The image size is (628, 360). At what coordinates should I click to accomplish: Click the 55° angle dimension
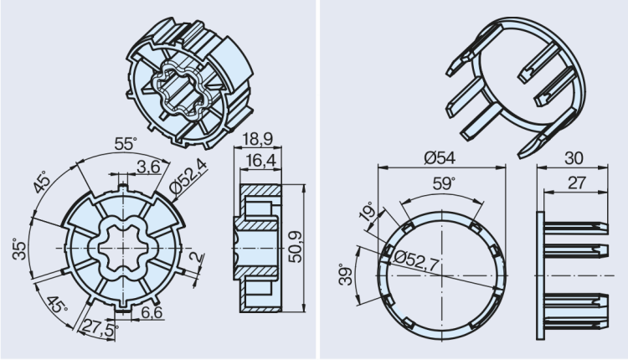[x=125, y=144]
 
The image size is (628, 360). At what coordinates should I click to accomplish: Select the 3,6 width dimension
[x=149, y=167]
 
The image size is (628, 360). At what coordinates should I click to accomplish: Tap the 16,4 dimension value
[x=257, y=158]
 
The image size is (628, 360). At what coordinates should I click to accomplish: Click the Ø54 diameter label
[x=441, y=157]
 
